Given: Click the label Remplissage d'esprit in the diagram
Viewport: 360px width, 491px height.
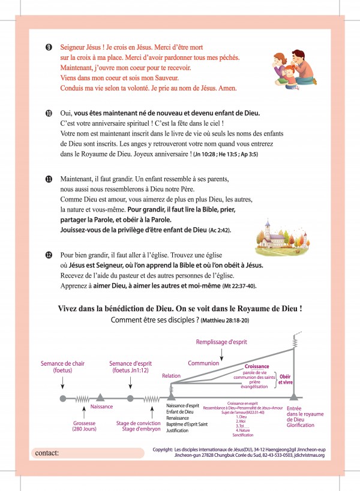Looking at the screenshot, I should click(222, 342).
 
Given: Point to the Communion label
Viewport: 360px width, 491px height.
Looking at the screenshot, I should click(203, 363).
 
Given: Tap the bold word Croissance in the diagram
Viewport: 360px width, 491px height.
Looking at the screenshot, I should click(257, 366).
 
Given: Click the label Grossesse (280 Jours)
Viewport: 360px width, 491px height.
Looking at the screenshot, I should click(80, 426).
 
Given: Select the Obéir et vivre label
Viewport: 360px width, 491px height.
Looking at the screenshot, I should click(286, 379).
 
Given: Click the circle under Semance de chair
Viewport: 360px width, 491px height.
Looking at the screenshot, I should click(63, 397).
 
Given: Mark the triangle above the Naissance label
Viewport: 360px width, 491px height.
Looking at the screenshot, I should click(100, 396).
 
